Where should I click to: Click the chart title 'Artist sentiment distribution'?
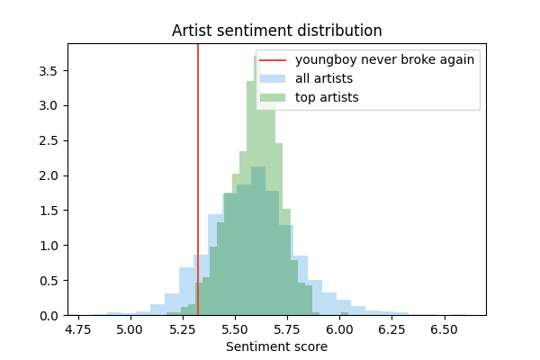pos(277,31)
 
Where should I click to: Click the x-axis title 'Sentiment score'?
pos(277,346)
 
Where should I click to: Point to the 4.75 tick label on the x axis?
pos(78,329)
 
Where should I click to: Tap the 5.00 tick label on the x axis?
pos(130,329)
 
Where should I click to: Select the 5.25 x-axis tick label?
pos(182,329)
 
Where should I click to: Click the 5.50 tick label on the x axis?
pos(235,329)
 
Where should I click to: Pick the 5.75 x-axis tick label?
pos(287,329)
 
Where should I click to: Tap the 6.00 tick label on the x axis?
pos(339,329)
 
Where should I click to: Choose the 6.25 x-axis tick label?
pos(391,329)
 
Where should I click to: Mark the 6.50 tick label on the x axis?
pos(445,329)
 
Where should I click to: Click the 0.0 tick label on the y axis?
pos(49,316)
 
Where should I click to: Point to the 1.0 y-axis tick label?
pos(49,246)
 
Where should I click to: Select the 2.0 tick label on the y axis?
pos(49,175)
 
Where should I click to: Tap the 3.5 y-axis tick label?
pos(49,71)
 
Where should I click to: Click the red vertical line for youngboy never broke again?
pos(198,179)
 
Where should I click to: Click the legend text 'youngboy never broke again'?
pos(384,60)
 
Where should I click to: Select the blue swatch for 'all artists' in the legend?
pos(273,79)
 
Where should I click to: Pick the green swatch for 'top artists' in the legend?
pos(273,98)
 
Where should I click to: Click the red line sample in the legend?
pos(273,60)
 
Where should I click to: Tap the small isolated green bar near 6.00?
pos(345,314)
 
